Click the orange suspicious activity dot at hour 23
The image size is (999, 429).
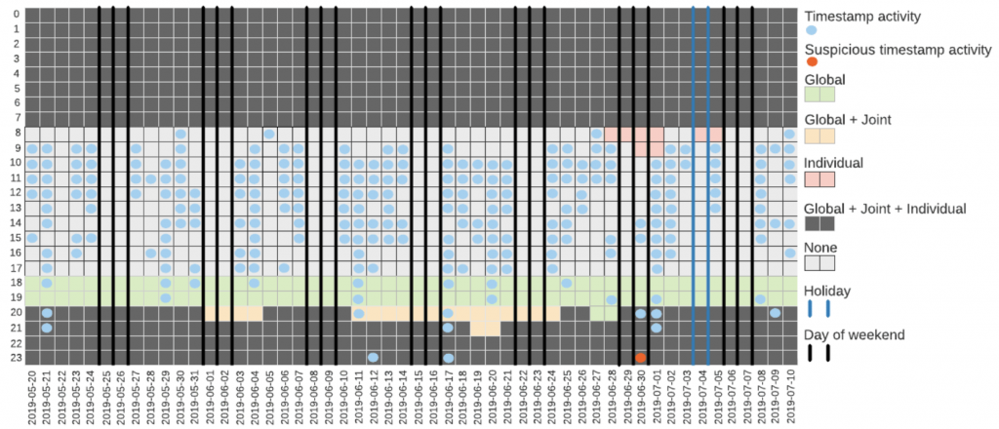click(640, 358)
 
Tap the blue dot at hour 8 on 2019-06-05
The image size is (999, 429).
click(269, 134)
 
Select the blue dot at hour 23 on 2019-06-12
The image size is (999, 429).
click(373, 358)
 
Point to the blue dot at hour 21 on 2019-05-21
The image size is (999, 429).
click(46, 328)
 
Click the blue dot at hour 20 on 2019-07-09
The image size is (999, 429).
click(775, 313)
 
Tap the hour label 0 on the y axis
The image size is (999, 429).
click(14, 14)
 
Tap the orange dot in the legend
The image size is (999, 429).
click(812, 61)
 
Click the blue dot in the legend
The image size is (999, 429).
click(812, 30)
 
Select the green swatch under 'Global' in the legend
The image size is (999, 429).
click(819, 94)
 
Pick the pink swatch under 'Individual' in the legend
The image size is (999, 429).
click(819, 179)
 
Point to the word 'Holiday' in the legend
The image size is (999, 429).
click(826, 290)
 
